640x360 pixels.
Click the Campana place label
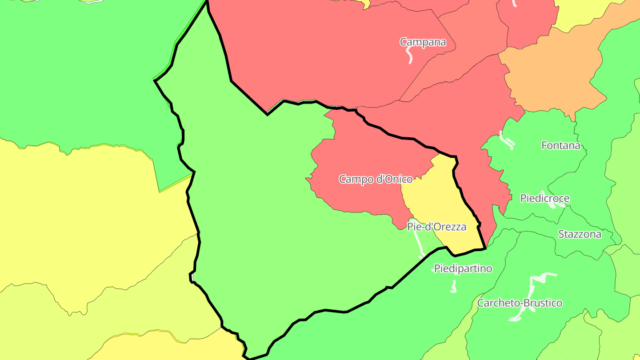(x=422, y=42)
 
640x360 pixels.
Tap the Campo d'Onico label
(x=376, y=179)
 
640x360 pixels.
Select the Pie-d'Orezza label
(x=436, y=227)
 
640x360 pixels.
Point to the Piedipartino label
(x=463, y=268)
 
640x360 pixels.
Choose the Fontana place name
(x=561, y=145)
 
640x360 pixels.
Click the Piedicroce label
(x=544, y=198)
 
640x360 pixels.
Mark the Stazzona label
(x=580, y=234)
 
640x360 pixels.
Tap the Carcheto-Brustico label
(x=520, y=303)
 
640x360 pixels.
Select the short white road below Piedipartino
(x=453, y=286)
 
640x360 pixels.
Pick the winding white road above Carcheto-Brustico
(x=533, y=293)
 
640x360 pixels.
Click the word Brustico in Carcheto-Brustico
(x=543, y=303)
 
